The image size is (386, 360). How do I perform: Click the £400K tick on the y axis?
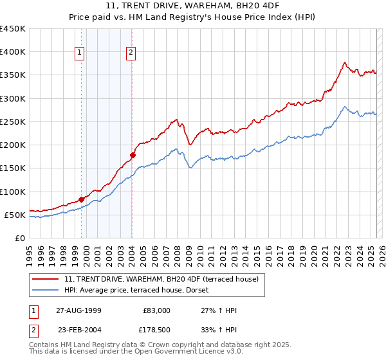pos(13,52)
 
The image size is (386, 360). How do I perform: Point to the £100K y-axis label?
pos(13,192)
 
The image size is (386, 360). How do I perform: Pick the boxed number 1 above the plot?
pos(80,53)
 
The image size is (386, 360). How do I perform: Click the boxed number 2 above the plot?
pos(131,53)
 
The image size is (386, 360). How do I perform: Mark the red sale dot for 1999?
pos(82,199)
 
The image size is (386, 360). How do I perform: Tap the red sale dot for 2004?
pos(133,155)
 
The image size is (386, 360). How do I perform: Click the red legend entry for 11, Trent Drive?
pos(161,279)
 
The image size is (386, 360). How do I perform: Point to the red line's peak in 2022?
pos(345,62)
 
